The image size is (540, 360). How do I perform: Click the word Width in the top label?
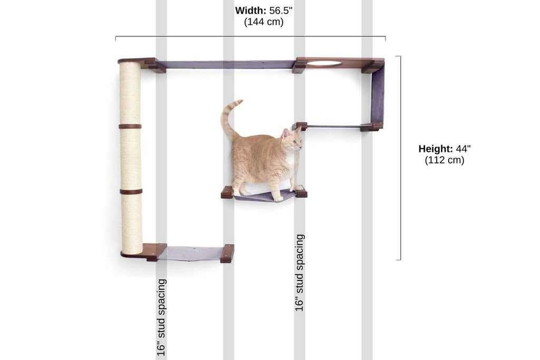pyautogui.click(x=250, y=11)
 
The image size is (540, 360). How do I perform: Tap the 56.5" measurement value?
pyautogui.click(x=281, y=11)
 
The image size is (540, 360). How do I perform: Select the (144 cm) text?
pyautogui.click(x=264, y=22)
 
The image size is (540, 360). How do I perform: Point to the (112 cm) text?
pyautogui.click(x=445, y=161)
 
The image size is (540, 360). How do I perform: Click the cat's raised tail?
pyautogui.click(x=227, y=116)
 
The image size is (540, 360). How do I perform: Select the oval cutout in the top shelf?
pyautogui.click(x=324, y=63)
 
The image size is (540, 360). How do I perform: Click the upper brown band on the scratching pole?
pyautogui.click(x=130, y=127)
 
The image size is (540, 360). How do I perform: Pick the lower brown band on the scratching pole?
pyautogui.click(x=130, y=191)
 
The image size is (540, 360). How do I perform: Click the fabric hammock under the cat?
pyautogui.click(x=264, y=197)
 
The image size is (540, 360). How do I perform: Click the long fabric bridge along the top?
pyautogui.click(x=227, y=64)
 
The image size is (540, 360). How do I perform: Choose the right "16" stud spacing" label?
pyautogui.click(x=300, y=273)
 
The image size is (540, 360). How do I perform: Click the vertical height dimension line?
pyautogui.click(x=400, y=158)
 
